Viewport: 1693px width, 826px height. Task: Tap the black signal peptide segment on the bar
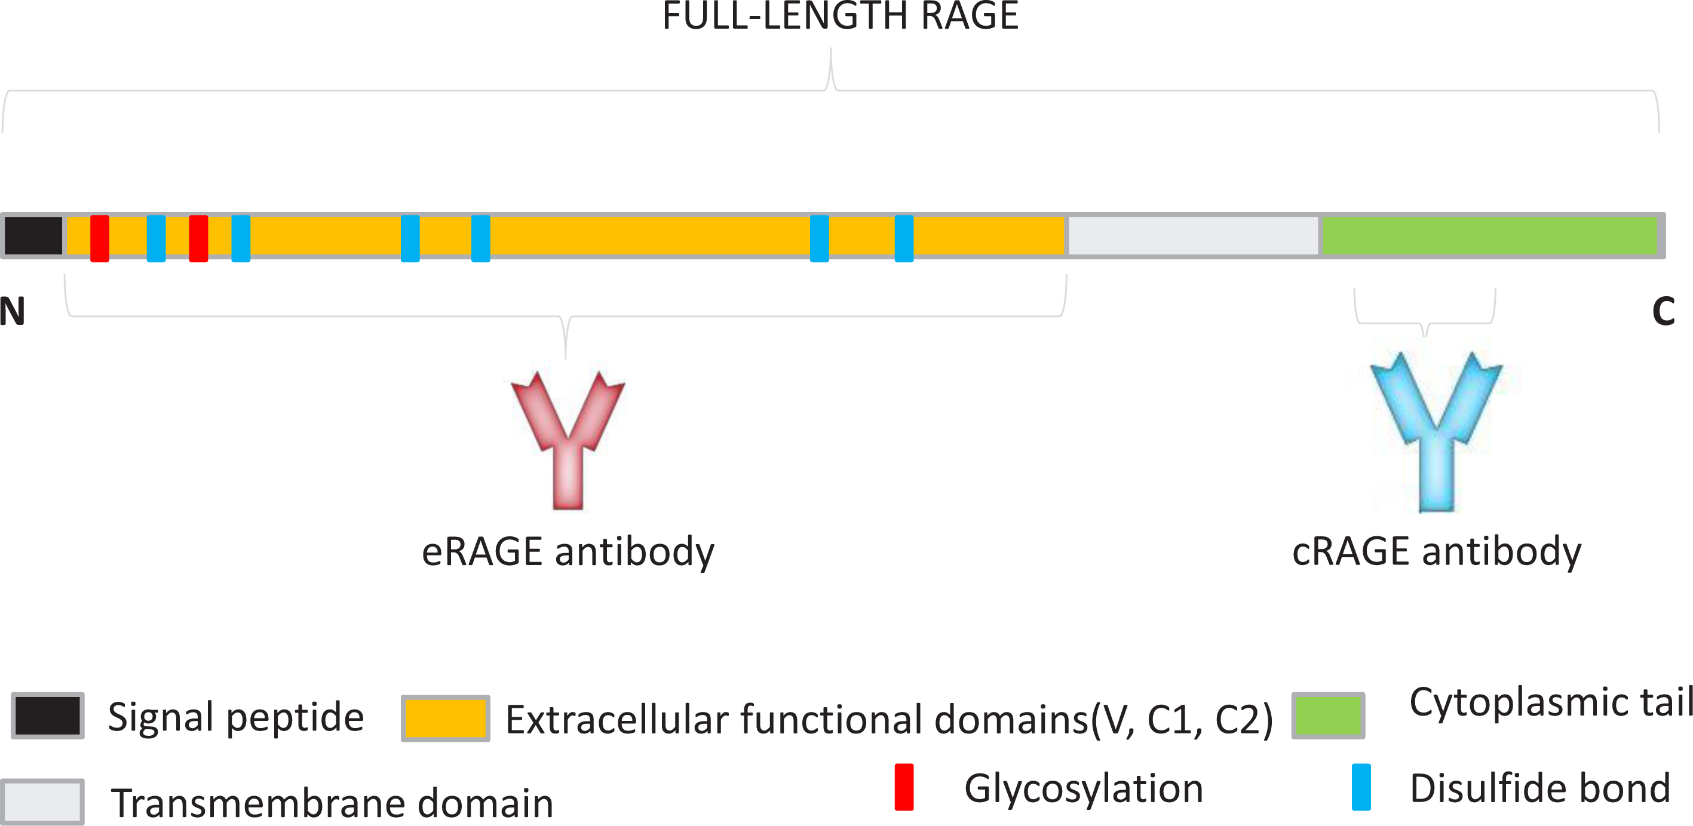tap(33, 235)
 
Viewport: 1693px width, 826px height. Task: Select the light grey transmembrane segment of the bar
tap(1193, 235)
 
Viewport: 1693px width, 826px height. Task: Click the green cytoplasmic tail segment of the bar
tap(1489, 235)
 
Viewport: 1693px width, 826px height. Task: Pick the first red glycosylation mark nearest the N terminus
tap(100, 238)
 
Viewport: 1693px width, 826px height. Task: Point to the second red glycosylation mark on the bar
tap(198, 238)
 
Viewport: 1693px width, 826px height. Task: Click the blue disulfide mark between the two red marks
tap(157, 238)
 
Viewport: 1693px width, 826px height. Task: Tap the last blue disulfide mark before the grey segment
tap(904, 238)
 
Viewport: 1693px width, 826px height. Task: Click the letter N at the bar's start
tap(12, 312)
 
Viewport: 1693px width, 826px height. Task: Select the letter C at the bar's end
tap(1663, 312)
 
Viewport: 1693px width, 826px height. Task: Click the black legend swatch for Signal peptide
tap(47, 716)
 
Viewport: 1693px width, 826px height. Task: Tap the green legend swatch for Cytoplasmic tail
tap(1328, 716)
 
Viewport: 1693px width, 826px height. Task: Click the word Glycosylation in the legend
tap(1084, 788)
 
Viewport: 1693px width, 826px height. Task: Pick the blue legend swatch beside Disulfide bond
tap(1361, 787)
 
